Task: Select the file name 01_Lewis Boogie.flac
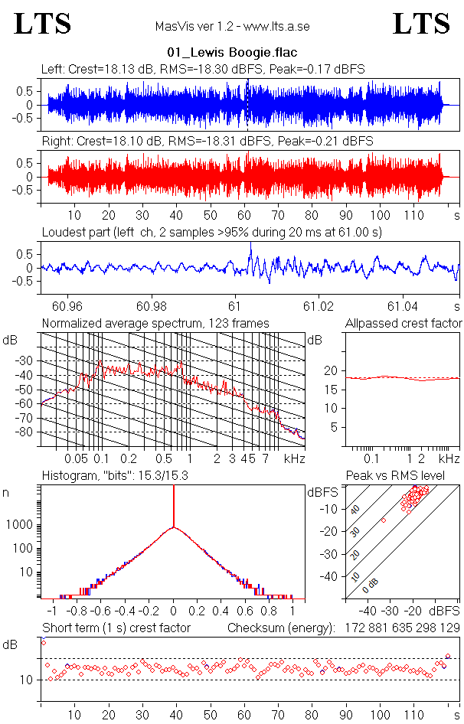(232, 54)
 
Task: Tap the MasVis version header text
(232, 26)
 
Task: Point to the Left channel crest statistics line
(203, 69)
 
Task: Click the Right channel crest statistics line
(207, 142)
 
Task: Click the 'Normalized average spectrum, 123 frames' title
(155, 324)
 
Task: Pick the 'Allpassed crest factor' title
(404, 324)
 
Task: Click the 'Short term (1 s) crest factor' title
(116, 628)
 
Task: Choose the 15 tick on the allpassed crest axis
(330, 389)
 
